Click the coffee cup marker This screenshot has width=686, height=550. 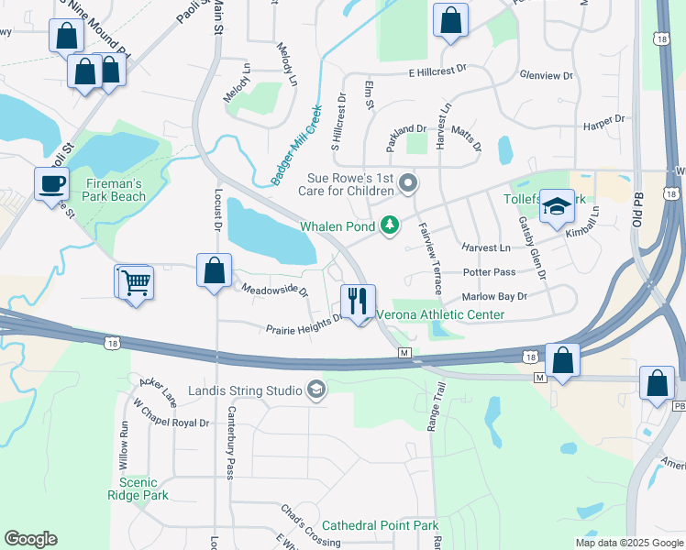(51, 183)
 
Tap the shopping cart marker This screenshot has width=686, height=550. (134, 281)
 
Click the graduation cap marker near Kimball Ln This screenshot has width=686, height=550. (556, 207)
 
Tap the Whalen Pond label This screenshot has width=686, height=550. (337, 225)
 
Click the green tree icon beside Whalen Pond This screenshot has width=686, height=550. (391, 225)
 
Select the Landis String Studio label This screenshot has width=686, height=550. (245, 391)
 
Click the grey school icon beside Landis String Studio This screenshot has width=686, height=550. (316, 390)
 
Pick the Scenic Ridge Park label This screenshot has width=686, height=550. (144, 489)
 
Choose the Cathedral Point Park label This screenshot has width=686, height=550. (381, 525)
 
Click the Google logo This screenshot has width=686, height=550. (30, 539)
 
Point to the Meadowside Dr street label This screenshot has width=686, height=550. (275, 289)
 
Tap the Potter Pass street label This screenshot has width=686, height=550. (490, 272)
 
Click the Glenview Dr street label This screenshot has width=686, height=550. (546, 76)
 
